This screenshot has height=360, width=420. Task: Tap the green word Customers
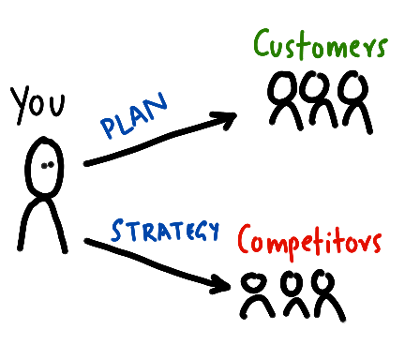320,44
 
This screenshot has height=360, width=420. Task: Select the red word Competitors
308,241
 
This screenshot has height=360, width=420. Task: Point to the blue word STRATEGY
164,230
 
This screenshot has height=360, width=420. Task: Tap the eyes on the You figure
45,166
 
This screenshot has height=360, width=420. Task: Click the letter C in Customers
265,45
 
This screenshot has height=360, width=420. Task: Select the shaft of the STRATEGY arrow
150,260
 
